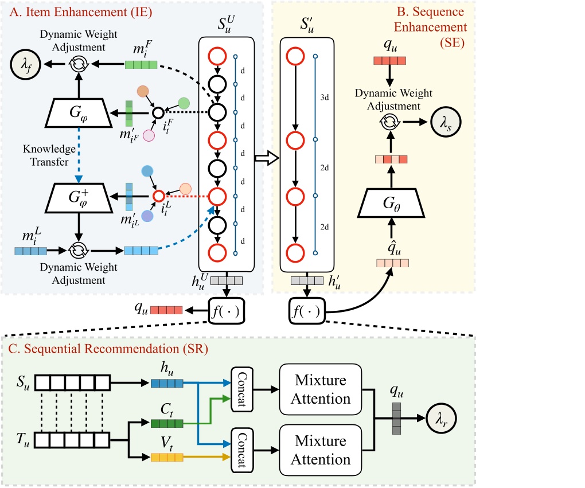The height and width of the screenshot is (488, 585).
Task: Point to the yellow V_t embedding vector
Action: coord(166,457)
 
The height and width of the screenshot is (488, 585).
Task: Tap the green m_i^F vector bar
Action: coord(141,65)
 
